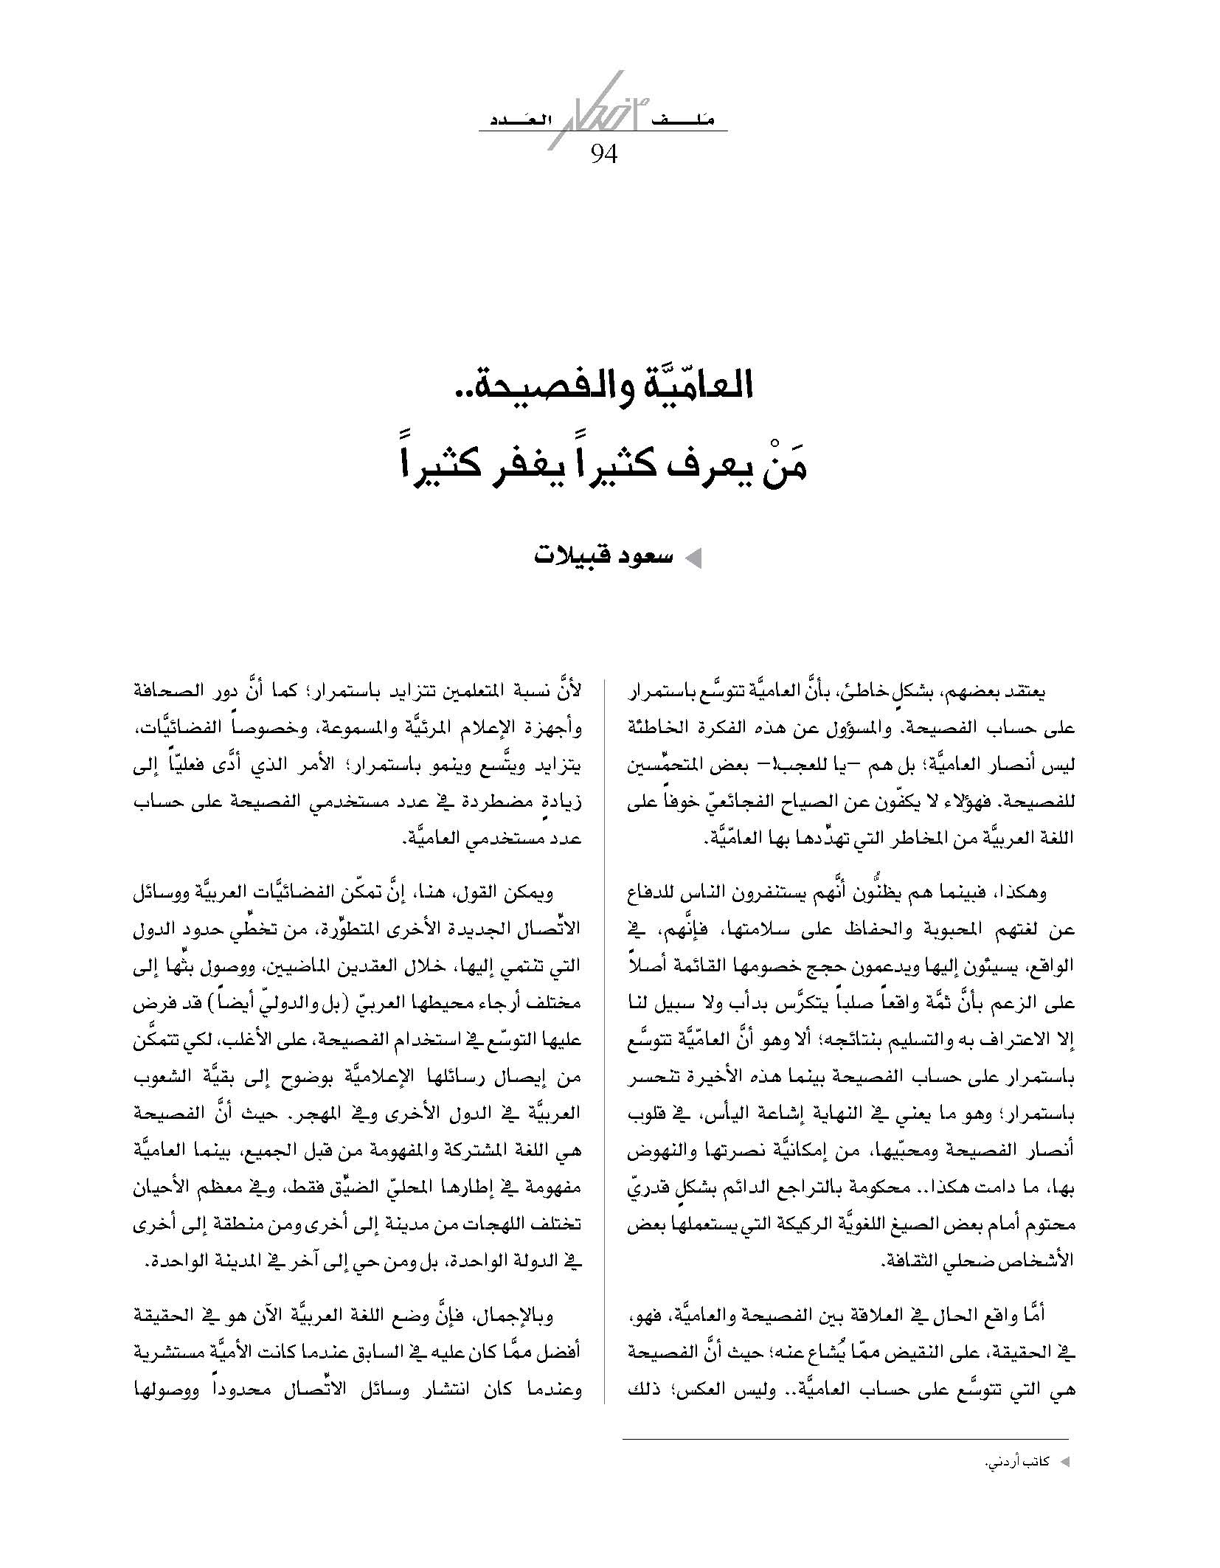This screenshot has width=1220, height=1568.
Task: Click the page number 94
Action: coord(603,154)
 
